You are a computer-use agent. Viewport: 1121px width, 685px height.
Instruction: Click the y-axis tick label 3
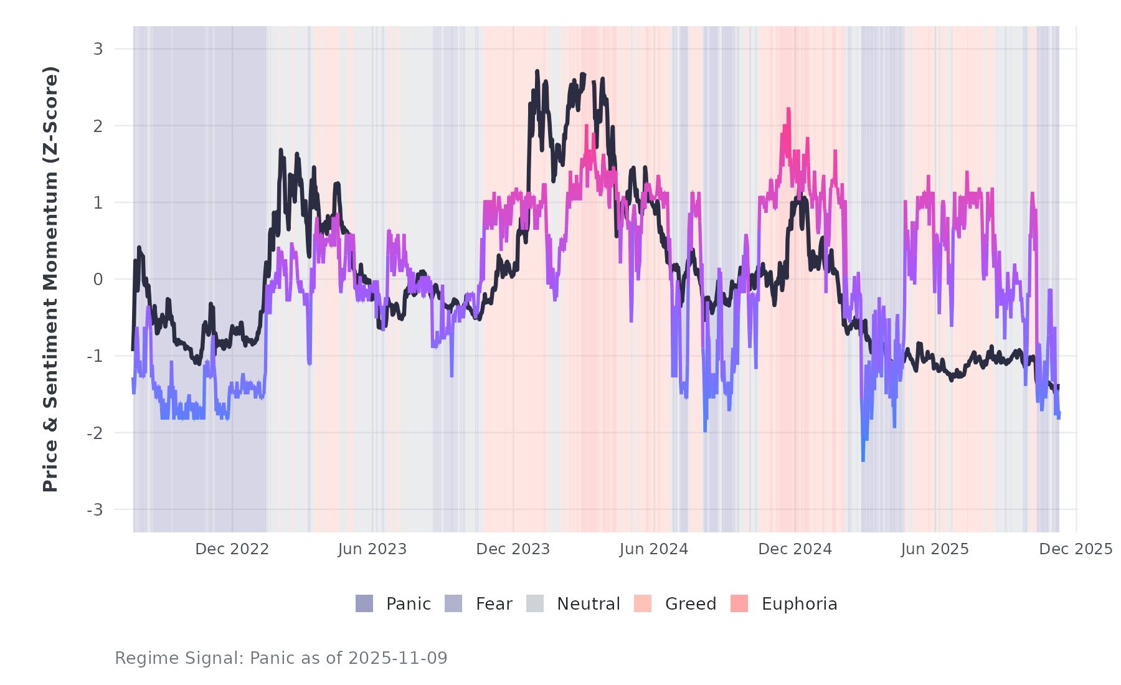pos(98,49)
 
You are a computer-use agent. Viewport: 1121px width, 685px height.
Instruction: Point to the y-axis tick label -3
pos(95,510)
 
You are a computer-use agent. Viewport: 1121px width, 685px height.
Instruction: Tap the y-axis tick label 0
pos(98,280)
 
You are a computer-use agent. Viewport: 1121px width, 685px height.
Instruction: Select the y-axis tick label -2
pos(95,433)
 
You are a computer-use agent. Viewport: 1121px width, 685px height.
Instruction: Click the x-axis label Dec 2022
pos(232,549)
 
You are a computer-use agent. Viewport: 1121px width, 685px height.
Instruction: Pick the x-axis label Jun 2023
pos(372,549)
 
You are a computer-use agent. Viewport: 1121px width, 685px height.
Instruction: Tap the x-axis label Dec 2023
pos(513,549)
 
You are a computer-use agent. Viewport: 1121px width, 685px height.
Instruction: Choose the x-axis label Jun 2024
pos(654,549)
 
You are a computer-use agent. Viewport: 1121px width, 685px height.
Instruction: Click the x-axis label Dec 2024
pos(795,549)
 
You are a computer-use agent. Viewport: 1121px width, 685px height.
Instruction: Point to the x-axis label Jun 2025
pos(935,549)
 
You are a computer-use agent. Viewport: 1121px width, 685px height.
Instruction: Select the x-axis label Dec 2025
pos(1076,549)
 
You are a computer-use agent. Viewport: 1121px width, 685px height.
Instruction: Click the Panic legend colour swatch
pos(364,603)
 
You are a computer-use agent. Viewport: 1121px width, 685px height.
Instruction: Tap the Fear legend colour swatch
pos(453,603)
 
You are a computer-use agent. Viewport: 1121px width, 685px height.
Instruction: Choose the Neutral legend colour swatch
pos(535,603)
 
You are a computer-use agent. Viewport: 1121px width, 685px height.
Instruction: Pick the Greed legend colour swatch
pos(643,603)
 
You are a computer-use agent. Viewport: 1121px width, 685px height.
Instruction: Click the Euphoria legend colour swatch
pos(739,603)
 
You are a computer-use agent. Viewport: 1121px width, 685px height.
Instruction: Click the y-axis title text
pos(50,279)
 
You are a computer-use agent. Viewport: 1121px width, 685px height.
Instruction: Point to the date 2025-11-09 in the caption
pos(398,658)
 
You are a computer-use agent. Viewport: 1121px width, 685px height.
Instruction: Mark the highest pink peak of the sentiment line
pos(788,109)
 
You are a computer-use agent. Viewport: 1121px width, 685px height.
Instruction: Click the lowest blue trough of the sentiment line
pos(863,460)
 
